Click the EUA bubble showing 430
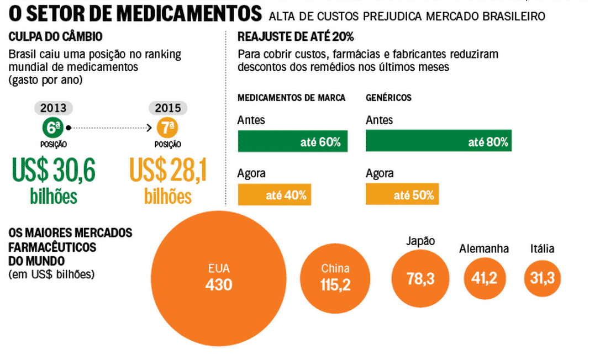click(219, 278)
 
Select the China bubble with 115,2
click(335, 278)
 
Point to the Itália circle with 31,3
click(542, 278)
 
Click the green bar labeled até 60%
click(293, 141)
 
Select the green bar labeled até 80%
click(439, 141)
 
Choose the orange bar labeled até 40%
click(275, 194)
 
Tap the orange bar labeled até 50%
click(402, 194)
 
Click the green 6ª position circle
click(53, 128)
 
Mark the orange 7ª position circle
click(167, 128)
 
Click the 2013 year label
click(53, 108)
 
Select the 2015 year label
click(167, 108)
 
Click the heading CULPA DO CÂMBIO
click(55, 38)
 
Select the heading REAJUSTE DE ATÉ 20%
click(296, 38)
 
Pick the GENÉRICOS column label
click(388, 98)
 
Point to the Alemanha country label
click(484, 248)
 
